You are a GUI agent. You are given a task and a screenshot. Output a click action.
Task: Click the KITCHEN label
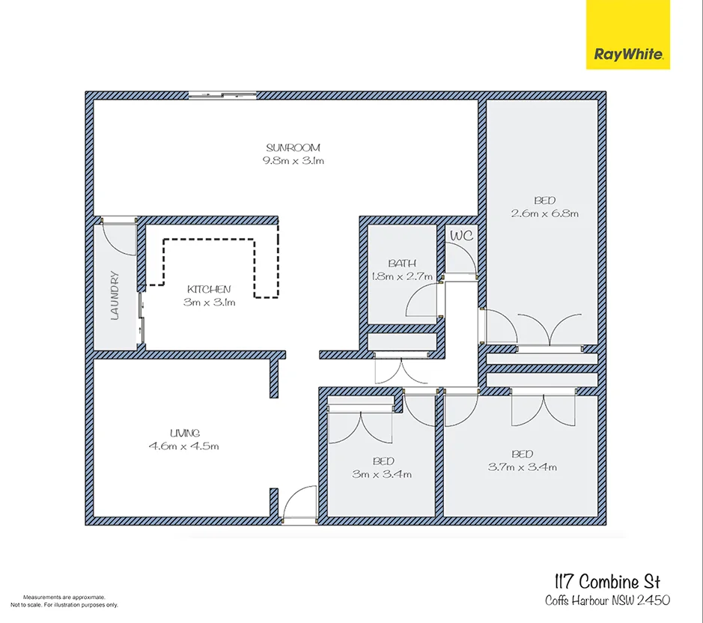pos(209,289)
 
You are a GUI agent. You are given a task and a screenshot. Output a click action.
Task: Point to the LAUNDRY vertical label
pos(115,295)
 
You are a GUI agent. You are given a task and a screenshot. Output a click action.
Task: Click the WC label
pos(461,235)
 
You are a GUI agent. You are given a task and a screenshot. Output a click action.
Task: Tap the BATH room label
pos(402,264)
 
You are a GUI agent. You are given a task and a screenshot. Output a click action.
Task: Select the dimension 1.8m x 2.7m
pos(402,276)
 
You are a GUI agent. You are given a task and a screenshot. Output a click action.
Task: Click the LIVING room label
pos(184,433)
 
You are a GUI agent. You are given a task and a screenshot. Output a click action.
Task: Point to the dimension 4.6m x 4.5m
pos(184,446)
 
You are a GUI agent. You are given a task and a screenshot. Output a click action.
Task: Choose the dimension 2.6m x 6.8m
pos(544,213)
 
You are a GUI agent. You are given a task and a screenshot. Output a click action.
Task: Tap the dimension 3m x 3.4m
pos(382,474)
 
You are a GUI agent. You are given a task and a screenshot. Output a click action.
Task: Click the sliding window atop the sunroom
pos(222,95)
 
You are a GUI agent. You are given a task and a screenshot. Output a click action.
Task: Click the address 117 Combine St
pos(607,581)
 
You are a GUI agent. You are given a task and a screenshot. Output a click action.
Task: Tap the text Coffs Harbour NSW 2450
pos(606,600)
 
